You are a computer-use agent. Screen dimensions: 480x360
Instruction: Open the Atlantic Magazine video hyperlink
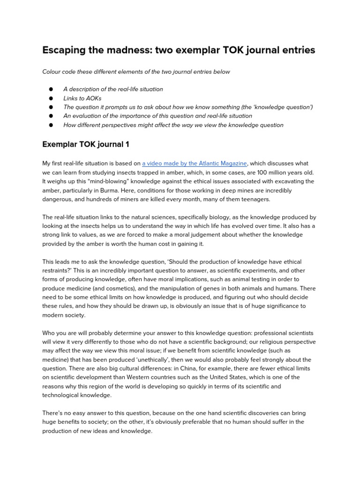(x=194, y=163)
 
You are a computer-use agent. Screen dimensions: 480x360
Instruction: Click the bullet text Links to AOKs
(x=82, y=98)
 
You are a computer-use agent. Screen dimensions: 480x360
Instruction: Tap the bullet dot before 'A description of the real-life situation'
(x=51, y=89)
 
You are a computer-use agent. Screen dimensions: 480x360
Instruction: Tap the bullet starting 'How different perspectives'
(x=173, y=125)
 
